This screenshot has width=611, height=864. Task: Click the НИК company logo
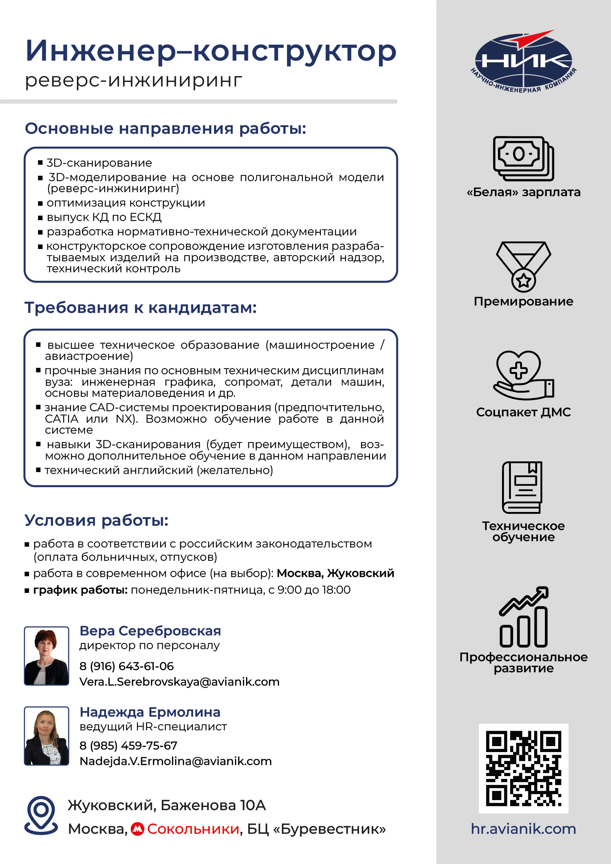523,62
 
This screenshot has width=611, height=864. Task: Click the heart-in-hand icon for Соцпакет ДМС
523,375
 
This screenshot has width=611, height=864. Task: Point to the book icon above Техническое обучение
522,487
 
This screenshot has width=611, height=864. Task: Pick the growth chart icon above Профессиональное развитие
523,617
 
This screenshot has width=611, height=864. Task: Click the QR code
523,768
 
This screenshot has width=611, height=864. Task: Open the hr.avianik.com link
523,829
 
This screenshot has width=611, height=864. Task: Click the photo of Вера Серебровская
47,656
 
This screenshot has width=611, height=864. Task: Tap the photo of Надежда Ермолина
47,736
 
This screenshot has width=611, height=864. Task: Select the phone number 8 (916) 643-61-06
126,666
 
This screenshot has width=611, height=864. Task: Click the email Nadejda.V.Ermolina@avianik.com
175,761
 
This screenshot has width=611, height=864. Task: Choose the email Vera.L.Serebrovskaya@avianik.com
180,682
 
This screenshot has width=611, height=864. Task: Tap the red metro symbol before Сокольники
137,829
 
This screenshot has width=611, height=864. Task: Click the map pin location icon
41,815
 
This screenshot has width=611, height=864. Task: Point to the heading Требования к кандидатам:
140,307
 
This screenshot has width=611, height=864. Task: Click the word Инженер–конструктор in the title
211,51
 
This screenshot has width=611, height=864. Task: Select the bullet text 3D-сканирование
99,163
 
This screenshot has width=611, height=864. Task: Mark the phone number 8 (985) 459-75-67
128,745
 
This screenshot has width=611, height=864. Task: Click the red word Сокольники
193,829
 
